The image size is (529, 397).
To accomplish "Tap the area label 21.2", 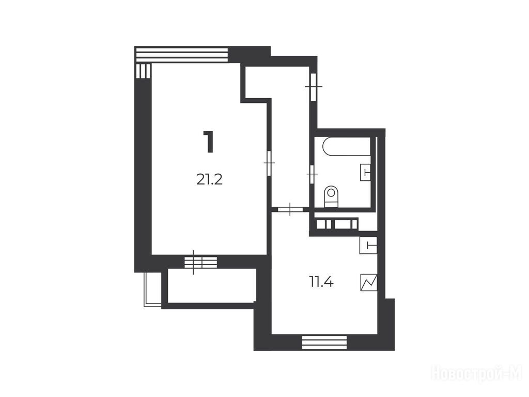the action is click(209, 179).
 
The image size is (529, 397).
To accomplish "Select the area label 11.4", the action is click(321, 281).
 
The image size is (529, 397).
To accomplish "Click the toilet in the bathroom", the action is click(331, 196).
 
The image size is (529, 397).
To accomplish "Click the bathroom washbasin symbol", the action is click(366, 172).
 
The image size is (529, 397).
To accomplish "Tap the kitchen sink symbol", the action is click(368, 246).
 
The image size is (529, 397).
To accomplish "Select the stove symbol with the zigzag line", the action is click(369, 282).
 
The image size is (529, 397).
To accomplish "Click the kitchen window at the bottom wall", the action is click(324, 342).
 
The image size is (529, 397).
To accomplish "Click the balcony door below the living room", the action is click(201, 262).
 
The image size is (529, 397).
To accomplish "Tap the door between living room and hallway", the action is click(269, 163).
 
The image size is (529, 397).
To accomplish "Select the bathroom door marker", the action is click(312, 174).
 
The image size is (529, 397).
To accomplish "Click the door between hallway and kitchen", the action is click(290, 209).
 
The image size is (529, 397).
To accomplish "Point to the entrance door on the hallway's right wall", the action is click(314, 87).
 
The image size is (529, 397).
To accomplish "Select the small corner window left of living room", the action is click(143, 71).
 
